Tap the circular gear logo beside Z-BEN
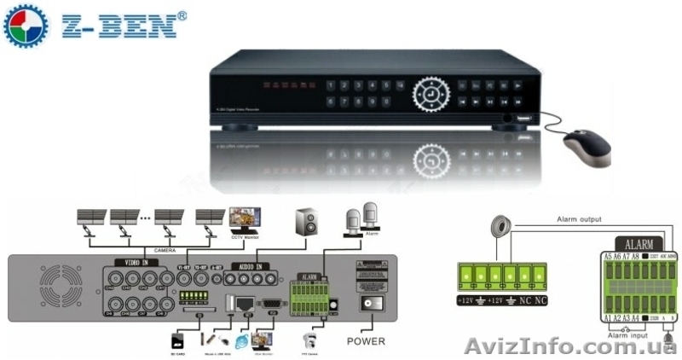click(26, 26)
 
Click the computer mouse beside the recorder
click(588, 148)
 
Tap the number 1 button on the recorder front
click(330, 86)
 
